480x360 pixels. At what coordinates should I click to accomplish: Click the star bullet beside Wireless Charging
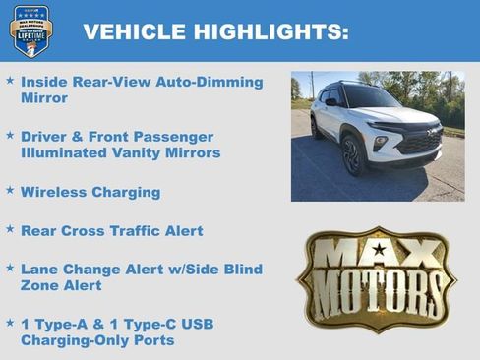[10, 191]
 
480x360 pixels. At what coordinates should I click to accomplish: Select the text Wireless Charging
[90, 192]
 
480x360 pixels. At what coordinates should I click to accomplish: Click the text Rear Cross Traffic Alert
[111, 230]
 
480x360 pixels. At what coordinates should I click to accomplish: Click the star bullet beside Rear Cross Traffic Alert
[10, 229]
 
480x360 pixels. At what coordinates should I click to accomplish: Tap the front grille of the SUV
[419, 144]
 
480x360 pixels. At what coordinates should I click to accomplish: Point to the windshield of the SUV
[371, 97]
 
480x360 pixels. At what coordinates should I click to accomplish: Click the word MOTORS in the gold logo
[377, 292]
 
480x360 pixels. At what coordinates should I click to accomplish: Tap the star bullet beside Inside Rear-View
[10, 81]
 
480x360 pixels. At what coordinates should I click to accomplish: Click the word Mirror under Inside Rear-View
[44, 98]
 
